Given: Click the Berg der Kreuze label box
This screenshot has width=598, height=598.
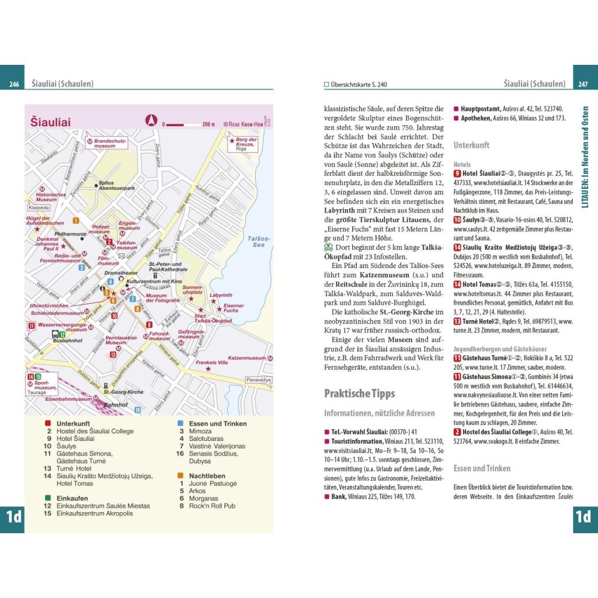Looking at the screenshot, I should (x=244, y=144).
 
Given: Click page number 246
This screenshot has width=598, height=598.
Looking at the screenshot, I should (x=15, y=85).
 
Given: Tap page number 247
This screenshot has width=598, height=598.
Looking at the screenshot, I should (x=582, y=85).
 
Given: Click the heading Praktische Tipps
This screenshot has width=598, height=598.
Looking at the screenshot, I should (x=359, y=393).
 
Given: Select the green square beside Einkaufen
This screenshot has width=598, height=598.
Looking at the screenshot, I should (x=47, y=498).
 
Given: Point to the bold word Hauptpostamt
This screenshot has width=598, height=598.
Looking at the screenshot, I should (x=481, y=109).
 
